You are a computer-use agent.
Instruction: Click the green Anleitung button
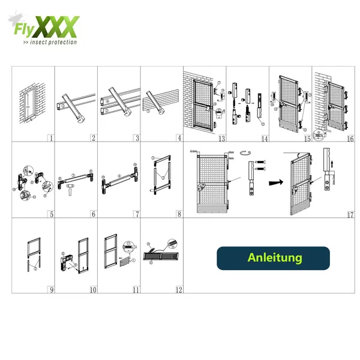pos(273,258)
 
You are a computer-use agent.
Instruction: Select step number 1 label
pos(51,138)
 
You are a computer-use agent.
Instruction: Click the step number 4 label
pos(179,138)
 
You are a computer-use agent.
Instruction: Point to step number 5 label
pos(51,214)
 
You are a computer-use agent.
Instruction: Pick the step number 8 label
pos(179,214)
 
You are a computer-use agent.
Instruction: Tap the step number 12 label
pos(178,290)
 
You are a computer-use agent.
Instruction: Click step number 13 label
pos(221,138)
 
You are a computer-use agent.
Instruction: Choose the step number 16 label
pos(350,138)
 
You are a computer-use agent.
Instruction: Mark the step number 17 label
pos(350,214)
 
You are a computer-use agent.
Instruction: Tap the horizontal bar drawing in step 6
pos(76,179)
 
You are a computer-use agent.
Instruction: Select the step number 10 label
pos(93,290)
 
